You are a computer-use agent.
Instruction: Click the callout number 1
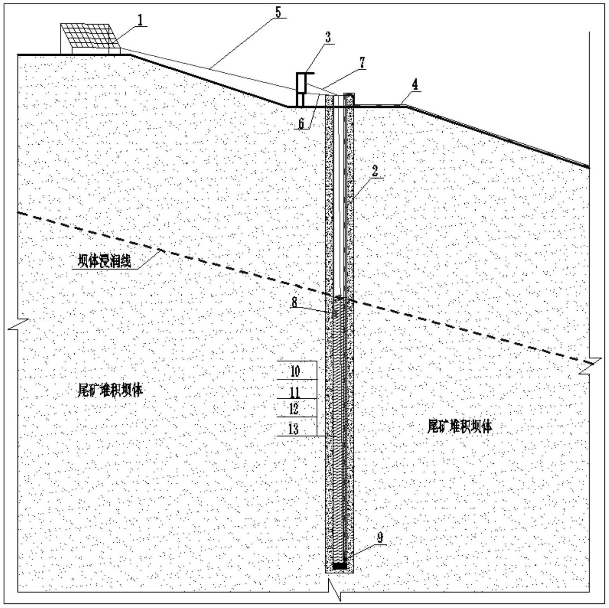(140, 20)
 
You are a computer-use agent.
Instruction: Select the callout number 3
(327, 37)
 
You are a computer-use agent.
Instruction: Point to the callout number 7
(362, 62)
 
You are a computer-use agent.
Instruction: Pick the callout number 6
(301, 123)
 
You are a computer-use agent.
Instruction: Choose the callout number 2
(375, 171)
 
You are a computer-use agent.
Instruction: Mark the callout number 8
(294, 302)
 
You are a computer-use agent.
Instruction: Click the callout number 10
(295, 371)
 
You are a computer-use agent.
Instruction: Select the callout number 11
(295, 392)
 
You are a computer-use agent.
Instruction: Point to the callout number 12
(294, 409)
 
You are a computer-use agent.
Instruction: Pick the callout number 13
(294, 429)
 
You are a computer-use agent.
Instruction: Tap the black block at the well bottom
(340, 566)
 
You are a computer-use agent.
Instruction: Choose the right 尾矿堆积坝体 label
(459, 426)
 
